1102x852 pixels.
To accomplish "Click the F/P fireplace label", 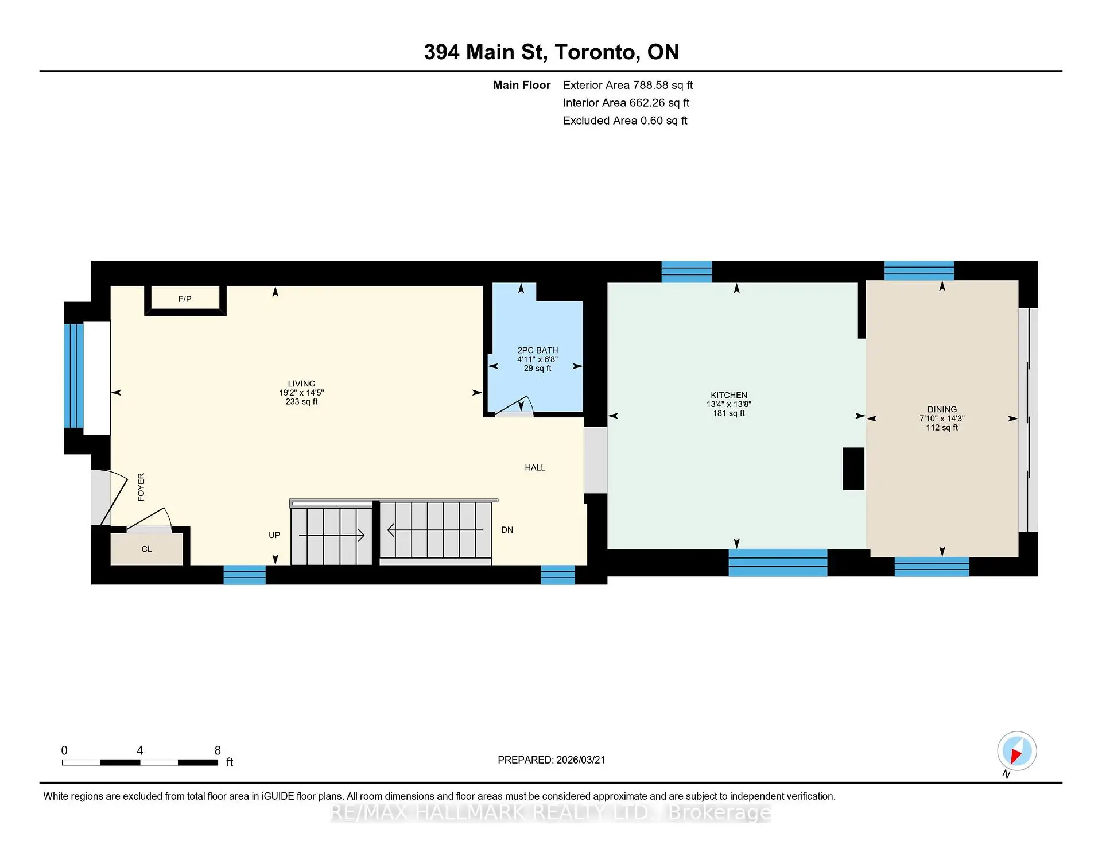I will pyautogui.click(x=184, y=299).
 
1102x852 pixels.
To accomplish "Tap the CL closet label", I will pyautogui.click(x=146, y=549).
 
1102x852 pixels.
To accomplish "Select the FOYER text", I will pyautogui.click(x=141, y=487).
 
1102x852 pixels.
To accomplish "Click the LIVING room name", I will pyautogui.click(x=301, y=384).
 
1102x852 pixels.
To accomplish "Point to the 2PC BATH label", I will pyautogui.click(x=537, y=350).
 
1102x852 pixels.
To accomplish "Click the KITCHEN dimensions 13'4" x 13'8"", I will pyautogui.click(x=729, y=404).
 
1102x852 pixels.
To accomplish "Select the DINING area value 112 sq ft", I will pyautogui.click(x=942, y=428).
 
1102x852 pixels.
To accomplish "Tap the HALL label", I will pyautogui.click(x=535, y=468).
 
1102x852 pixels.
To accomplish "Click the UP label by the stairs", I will pyautogui.click(x=274, y=535).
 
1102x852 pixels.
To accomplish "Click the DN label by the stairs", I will pyautogui.click(x=507, y=530).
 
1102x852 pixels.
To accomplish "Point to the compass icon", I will pyautogui.click(x=1016, y=751).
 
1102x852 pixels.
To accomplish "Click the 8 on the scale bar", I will pyautogui.click(x=218, y=750).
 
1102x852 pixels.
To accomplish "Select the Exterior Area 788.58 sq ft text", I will pyautogui.click(x=627, y=85).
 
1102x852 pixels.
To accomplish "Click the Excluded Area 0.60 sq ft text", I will pyautogui.click(x=624, y=121).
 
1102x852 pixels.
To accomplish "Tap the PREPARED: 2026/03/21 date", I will pyautogui.click(x=551, y=760).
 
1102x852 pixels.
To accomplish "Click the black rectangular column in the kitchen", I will pyautogui.click(x=853, y=468).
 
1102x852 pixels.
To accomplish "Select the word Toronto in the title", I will pyautogui.click(x=597, y=52).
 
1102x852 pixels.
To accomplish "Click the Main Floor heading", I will pyautogui.click(x=521, y=85).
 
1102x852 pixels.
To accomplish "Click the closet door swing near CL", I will pyautogui.click(x=150, y=519).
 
